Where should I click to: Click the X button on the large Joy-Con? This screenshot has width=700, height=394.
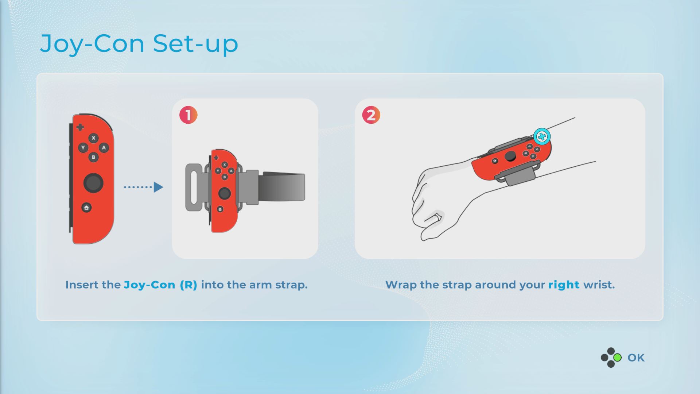[93, 138]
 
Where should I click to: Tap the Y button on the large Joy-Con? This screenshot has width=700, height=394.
[83, 148]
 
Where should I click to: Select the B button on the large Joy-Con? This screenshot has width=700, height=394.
[93, 157]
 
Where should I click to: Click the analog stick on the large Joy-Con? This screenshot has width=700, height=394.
[93, 183]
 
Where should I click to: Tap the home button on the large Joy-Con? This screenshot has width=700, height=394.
[86, 208]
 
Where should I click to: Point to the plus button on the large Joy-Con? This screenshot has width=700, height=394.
[80, 127]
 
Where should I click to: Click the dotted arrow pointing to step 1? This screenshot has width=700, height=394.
[143, 187]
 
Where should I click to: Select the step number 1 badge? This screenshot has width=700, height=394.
[188, 115]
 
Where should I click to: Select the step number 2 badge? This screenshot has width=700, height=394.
[371, 115]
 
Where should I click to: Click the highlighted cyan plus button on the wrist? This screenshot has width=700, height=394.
[542, 136]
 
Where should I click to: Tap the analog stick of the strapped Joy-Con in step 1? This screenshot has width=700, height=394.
[224, 193]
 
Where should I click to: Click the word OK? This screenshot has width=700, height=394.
[636, 358]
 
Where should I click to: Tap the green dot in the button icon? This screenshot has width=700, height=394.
[618, 358]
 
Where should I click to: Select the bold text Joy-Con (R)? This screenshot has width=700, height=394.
[160, 285]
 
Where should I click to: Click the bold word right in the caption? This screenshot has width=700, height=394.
[564, 285]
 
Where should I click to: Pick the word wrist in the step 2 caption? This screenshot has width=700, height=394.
[599, 285]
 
